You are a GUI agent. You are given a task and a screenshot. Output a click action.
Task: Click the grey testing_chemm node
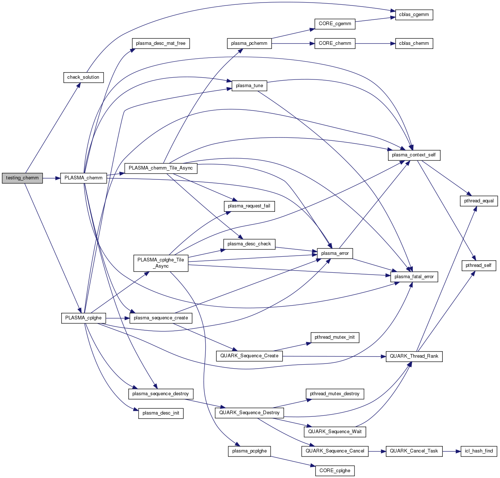tap(22, 178)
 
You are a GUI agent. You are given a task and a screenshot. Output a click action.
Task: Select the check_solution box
tap(83, 77)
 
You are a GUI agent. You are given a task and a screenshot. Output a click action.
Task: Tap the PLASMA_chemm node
tap(84, 178)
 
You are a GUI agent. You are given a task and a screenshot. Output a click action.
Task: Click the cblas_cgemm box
tap(414, 15)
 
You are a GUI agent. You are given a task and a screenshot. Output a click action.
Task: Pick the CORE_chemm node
tap(335, 43)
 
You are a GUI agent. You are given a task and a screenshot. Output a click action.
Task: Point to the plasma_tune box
tap(249, 86)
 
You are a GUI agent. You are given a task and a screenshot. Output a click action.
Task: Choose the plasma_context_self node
tap(414, 155)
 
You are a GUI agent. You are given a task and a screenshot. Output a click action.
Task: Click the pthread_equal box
tap(479, 201)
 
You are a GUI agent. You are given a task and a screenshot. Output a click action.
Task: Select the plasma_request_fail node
tap(249, 206)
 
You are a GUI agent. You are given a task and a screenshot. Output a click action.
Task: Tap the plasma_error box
tap(335, 253)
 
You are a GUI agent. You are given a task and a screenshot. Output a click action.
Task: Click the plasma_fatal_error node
tap(414, 277)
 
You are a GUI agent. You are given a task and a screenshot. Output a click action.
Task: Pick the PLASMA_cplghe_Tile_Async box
tap(161, 263)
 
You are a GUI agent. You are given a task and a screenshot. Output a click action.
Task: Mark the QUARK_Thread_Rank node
tap(414, 356)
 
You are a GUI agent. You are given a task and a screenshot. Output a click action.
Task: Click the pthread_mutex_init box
tap(335, 337)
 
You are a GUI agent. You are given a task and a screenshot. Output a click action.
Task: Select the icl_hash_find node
tap(479, 451)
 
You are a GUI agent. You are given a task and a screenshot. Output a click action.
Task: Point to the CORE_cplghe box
tap(335, 471)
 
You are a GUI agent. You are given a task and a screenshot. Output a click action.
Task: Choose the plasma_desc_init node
tap(161, 413)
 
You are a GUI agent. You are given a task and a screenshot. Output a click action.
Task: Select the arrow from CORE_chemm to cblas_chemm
tap(375, 43)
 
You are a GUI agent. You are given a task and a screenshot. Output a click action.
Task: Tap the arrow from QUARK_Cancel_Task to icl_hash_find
tap(451, 451)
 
